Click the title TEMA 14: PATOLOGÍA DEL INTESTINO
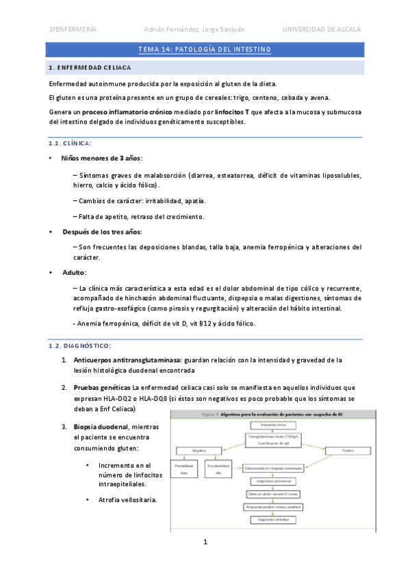click(205, 49)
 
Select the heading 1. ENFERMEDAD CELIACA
click(90, 68)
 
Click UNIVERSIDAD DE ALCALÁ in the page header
click(321, 29)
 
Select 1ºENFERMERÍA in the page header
click(73, 29)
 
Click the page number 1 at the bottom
click(205, 542)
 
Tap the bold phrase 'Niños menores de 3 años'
click(101, 158)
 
